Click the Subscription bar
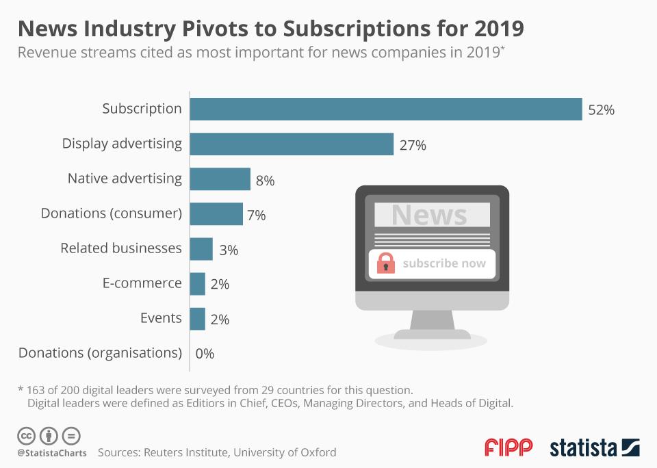385,109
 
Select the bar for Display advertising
292,144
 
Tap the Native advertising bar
220,179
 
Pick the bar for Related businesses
201,249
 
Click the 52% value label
601,109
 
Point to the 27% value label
413,145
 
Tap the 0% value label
205,354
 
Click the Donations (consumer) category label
112,213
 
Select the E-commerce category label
142,283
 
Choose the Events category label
162,318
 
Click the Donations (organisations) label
100,353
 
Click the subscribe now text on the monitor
444,263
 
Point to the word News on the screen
429,215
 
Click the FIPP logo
508,447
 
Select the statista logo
594,448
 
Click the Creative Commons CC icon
26,435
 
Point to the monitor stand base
433,335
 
